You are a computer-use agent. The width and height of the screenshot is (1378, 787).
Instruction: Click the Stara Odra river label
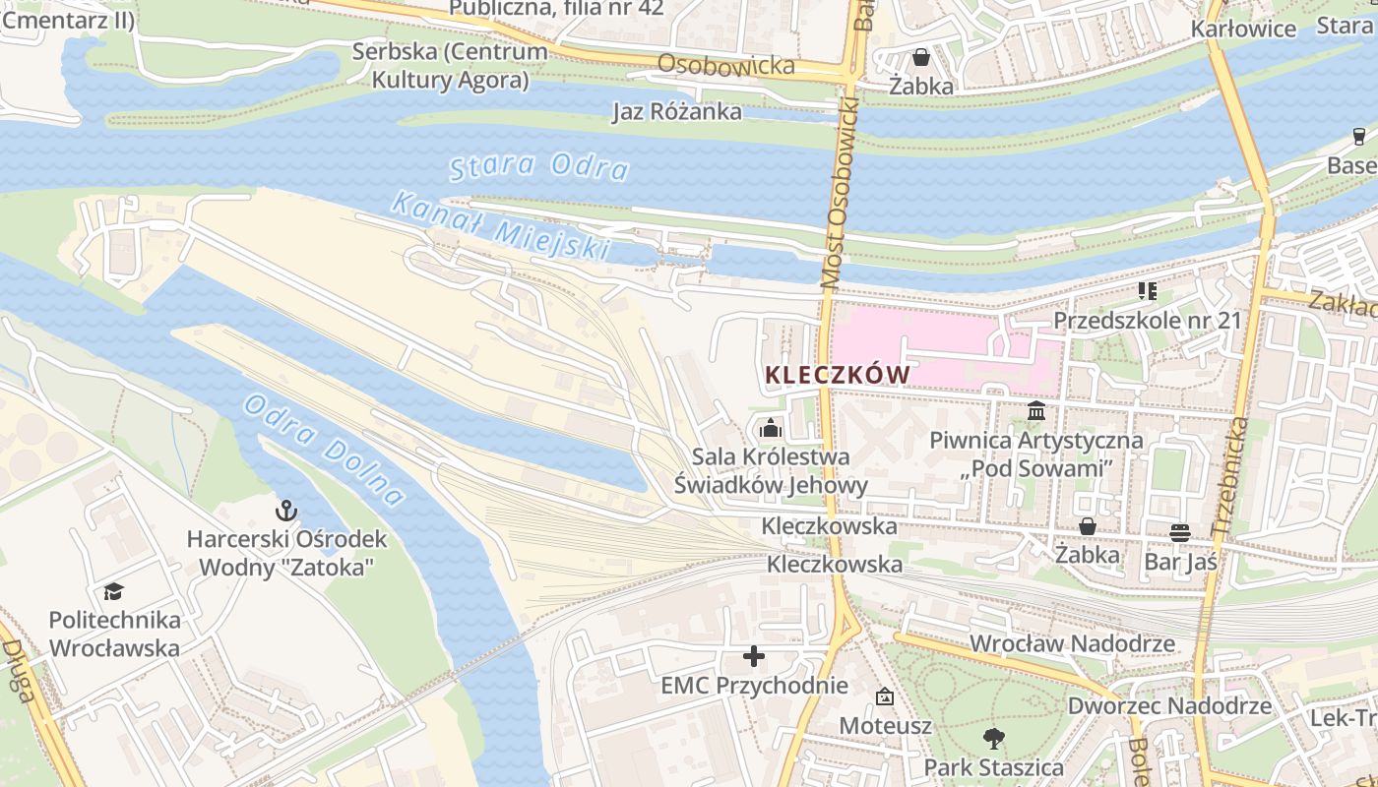[538, 166]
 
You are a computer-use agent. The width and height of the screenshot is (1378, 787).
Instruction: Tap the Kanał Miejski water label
[500, 226]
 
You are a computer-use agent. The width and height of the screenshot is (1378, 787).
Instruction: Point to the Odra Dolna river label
[324, 450]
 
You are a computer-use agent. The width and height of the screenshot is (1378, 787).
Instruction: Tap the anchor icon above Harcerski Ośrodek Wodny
[285, 510]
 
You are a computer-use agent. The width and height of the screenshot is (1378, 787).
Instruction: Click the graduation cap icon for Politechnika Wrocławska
[114, 591]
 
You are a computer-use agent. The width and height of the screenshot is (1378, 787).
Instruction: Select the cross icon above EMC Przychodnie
[754, 655]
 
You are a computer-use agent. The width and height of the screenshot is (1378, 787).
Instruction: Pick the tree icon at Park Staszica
[994, 737]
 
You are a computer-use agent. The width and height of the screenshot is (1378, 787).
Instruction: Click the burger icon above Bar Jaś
[1180, 532]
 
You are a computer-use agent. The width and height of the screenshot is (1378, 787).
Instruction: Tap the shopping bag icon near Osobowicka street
[920, 57]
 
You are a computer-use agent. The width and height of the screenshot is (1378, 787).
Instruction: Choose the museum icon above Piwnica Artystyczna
[1036, 410]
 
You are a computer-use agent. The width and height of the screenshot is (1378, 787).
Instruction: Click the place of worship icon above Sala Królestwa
[770, 428]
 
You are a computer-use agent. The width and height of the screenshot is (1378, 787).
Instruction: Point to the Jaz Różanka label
[677, 111]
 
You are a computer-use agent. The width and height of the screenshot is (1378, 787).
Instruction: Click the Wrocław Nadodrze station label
[1072, 643]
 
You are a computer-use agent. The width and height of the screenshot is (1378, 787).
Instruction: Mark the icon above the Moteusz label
[885, 696]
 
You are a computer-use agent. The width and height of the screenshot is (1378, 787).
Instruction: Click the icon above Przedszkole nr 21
[1148, 290]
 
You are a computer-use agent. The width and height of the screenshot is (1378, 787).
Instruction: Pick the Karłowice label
[1243, 29]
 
